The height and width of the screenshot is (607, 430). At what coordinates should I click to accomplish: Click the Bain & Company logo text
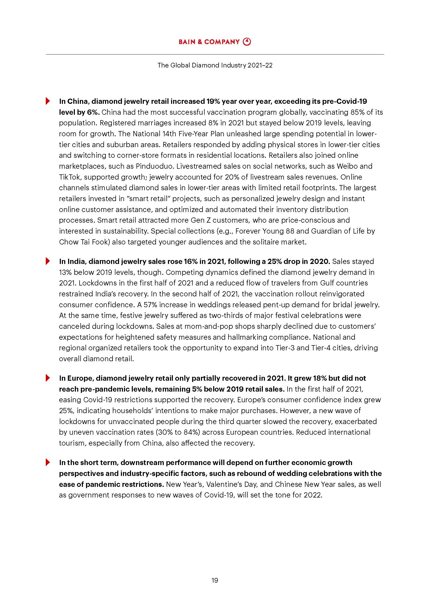click(x=209, y=42)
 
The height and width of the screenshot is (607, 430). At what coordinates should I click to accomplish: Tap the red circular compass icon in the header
click(x=247, y=42)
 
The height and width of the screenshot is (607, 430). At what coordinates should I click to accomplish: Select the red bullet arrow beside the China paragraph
click(x=48, y=101)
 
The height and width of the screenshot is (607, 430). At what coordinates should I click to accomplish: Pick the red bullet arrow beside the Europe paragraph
click(x=48, y=378)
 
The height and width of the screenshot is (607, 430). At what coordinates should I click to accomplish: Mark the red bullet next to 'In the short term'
click(x=48, y=462)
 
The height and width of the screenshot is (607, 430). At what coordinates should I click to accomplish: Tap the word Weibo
click(x=347, y=166)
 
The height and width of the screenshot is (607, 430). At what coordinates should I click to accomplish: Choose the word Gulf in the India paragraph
click(x=327, y=283)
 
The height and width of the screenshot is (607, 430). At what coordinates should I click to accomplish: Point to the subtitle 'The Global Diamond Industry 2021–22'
click(x=215, y=65)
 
